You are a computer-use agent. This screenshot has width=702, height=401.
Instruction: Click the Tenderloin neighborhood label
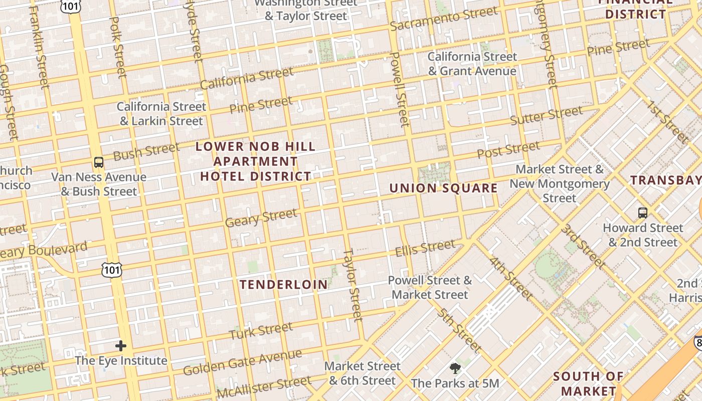284,285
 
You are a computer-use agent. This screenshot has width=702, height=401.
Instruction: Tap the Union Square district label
443,188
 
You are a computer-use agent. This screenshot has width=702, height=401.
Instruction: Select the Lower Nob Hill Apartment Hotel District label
256,161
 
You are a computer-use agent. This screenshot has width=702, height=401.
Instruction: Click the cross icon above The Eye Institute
121,346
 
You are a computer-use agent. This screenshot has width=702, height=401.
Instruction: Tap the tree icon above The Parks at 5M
455,369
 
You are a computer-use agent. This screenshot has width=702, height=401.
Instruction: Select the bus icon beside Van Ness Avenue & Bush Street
99,162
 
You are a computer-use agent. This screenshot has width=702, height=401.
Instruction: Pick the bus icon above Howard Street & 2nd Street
642,213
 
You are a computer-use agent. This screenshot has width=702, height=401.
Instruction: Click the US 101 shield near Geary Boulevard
111,270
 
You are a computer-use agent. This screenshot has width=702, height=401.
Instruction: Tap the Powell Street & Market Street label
430,287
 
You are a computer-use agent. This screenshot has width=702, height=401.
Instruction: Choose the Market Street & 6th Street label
363,373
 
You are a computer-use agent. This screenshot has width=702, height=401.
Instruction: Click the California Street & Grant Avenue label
472,64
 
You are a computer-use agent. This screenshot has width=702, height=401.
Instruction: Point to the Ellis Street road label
425,248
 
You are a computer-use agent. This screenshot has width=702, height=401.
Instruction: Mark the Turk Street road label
261,330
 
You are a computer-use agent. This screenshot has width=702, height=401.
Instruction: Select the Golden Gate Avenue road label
242,362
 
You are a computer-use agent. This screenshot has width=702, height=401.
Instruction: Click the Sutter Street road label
546,116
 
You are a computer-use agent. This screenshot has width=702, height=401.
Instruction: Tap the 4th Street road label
511,279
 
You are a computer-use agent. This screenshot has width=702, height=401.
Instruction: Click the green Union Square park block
434,172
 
